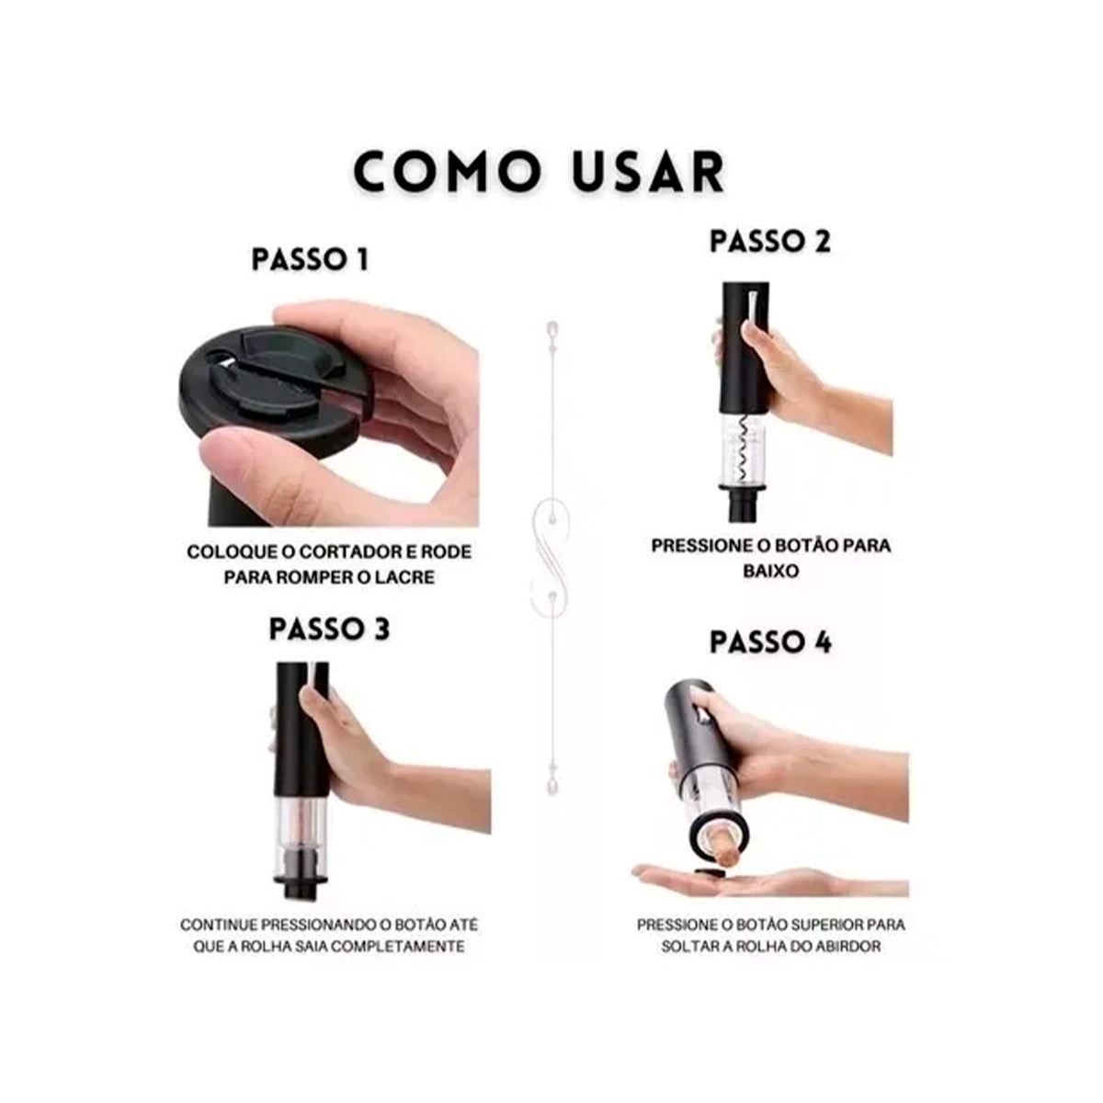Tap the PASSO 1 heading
[310, 260]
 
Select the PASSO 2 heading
[770, 241]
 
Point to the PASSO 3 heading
[330, 629]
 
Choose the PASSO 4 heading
[770, 642]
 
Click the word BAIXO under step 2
[770, 571]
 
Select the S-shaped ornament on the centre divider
[551, 550]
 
